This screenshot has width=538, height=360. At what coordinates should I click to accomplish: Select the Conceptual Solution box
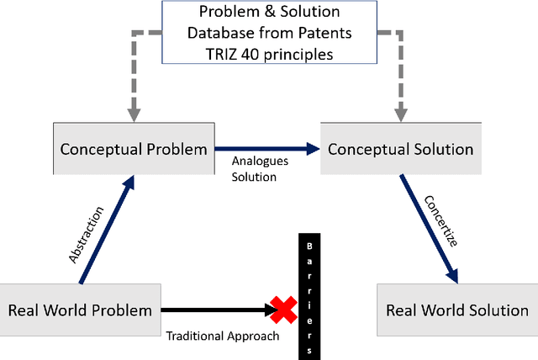tap(400, 149)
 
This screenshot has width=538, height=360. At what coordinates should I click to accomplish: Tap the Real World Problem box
tap(80, 310)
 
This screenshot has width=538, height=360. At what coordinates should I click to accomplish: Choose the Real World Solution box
tap(457, 310)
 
